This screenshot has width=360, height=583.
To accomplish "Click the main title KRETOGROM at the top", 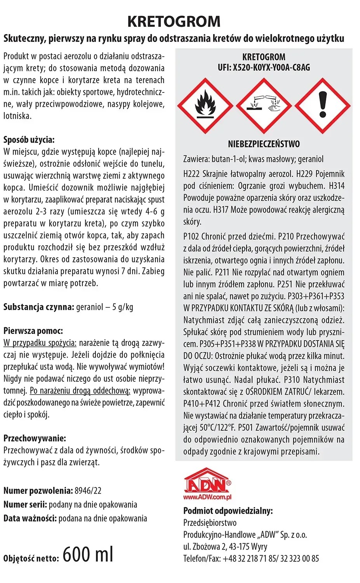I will click(x=174, y=22).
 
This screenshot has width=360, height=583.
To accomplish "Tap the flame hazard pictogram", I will click(x=205, y=105).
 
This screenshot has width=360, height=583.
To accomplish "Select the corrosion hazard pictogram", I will click(x=264, y=105).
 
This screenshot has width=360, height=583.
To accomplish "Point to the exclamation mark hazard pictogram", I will click(x=322, y=105).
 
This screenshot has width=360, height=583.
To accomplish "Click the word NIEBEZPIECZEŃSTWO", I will click(x=264, y=144).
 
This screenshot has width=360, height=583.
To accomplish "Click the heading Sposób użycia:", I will click(x=29, y=140).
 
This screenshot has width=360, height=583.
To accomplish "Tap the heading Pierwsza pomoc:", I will click(x=33, y=331).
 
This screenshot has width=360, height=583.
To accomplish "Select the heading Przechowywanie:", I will click(x=35, y=438).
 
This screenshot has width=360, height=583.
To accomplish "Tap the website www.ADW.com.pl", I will click(x=207, y=496).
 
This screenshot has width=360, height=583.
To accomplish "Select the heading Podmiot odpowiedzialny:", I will click(x=228, y=511).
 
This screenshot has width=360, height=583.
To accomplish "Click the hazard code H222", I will click(x=192, y=174).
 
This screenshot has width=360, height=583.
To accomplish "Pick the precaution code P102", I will click(x=192, y=236).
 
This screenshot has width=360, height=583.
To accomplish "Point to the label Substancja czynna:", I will click(x=38, y=307).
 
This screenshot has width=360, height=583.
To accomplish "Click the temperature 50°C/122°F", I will click(x=217, y=428).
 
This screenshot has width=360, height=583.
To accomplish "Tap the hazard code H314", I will click(x=336, y=186).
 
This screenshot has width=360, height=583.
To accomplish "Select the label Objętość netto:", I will click(x=31, y=559).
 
